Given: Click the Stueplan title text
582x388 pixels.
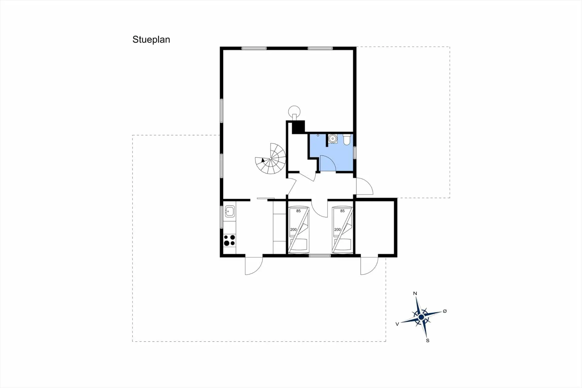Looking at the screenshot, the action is click(x=151, y=40).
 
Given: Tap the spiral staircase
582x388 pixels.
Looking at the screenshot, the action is click(x=270, y=159).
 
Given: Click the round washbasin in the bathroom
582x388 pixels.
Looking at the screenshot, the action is click(x=333, y=139).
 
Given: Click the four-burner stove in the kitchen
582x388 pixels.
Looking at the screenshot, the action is click(x=229, y=240).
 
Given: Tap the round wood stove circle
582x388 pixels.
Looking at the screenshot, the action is click(x=294, y=111).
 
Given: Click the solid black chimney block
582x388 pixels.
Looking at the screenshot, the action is click(x=298, y=127).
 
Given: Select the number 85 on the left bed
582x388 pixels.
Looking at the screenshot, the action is click(x=299, y=211).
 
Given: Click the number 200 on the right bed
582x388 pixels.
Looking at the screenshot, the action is click(x=337, y=230).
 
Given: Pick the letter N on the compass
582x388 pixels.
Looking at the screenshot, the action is click(x=415, y=293).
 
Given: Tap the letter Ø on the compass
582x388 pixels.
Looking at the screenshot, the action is click(x=445, y=311).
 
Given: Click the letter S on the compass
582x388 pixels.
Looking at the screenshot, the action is click(x=428, y=340).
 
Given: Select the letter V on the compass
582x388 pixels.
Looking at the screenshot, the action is click(x=397, y=324).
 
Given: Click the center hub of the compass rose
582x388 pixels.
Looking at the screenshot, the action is click(x=421, y=317).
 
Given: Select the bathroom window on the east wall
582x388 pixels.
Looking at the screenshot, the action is click(x=355, y=153).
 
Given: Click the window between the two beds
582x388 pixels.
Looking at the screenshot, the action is click(x=320, y=256).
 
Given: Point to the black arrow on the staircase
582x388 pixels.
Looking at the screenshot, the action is click(x=263, y=160).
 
